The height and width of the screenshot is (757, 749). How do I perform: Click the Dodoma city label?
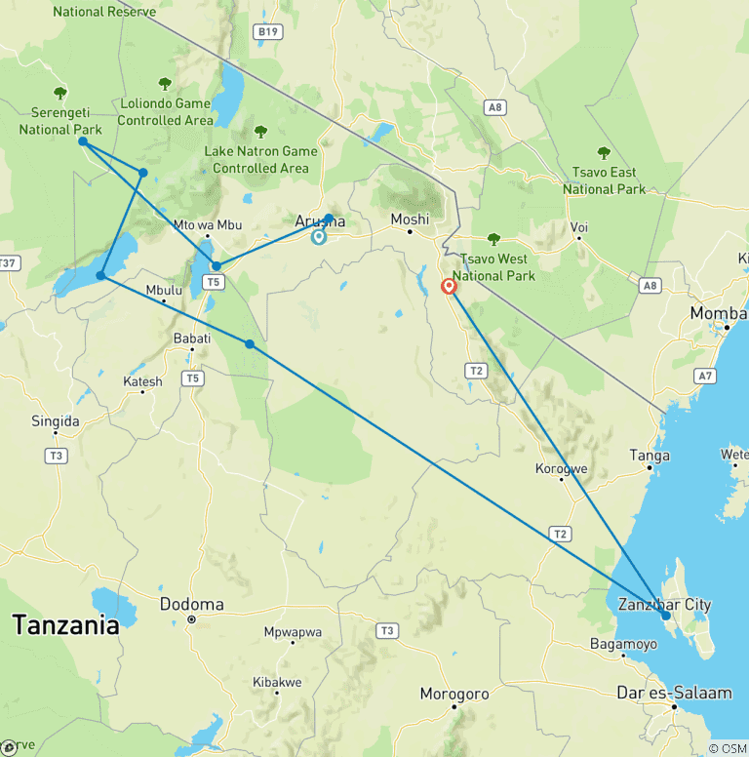point(191,604)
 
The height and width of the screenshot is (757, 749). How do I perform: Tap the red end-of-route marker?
point(449,286)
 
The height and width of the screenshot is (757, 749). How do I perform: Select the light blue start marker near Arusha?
point(319,236)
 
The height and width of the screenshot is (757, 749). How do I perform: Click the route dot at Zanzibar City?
point(666,616)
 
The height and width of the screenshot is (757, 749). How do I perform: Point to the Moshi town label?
point(410,219)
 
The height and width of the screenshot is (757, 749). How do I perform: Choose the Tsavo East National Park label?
point(604,180)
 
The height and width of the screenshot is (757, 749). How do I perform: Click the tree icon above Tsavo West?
point(493,239)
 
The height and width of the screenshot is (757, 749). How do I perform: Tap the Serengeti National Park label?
point(59,122)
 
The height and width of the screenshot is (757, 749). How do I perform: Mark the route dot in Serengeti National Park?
point(83,141)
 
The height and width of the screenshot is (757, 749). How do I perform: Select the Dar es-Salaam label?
point(674,693)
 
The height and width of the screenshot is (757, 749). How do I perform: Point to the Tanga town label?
point(650,456)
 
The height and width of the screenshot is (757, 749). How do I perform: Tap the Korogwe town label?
point(562,468)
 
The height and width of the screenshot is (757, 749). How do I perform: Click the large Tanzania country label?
point(65,625)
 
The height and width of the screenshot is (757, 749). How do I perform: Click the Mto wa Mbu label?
point(207,224)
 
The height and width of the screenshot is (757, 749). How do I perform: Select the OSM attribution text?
point(728,748)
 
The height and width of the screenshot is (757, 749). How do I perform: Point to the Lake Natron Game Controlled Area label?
point(260,159)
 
